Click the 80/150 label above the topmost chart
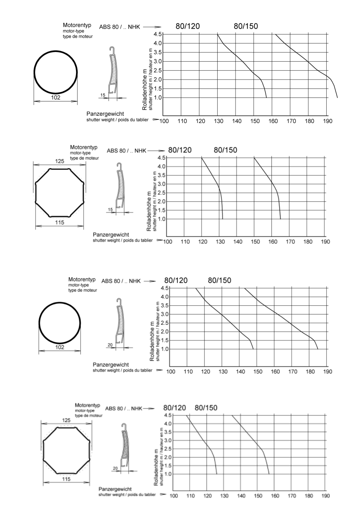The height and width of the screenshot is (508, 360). pos(246,26)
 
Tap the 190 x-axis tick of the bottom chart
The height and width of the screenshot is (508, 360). pos(325,496)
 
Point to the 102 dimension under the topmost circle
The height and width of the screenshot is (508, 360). pos(56,97)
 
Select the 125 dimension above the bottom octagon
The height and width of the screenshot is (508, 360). pos(66,420)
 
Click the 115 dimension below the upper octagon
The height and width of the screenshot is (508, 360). pos(60,223)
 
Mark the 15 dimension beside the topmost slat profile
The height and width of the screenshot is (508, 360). pos(103,95)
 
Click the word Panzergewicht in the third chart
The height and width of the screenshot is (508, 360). pos(111,365)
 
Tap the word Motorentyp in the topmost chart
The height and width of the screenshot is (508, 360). pos(77,25)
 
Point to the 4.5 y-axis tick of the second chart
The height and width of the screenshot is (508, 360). pos(161,158)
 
